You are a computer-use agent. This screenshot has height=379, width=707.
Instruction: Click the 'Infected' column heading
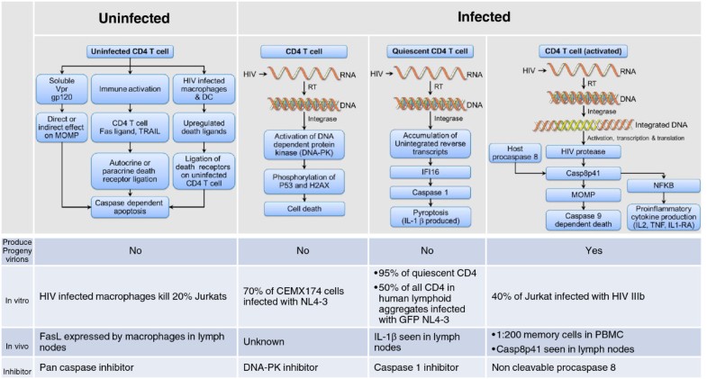point(470,17)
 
